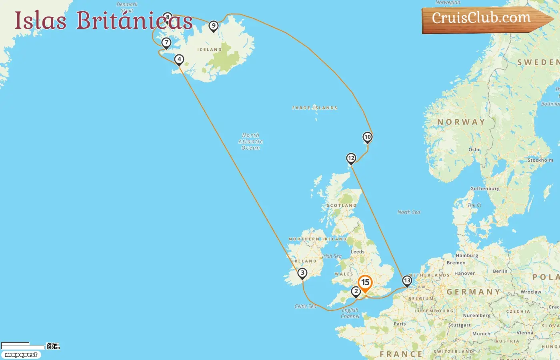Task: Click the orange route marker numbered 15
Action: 365,283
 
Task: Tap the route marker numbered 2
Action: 356,292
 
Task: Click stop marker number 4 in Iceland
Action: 179,60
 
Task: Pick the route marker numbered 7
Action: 166,42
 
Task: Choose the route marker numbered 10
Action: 367,137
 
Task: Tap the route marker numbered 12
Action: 351,158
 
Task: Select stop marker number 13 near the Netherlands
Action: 407,280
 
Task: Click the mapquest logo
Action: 21,355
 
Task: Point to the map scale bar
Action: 23,346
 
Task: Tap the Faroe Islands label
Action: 314,108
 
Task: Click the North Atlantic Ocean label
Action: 251,142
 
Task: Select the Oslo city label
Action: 474,150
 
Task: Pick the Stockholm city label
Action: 540,160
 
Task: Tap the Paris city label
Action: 400,324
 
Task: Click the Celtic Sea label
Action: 305,306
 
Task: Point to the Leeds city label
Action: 357,252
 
